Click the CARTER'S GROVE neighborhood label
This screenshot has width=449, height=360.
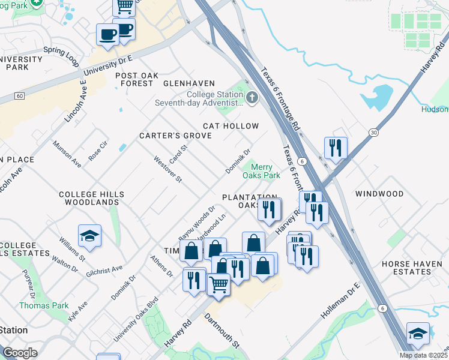pos(175,136)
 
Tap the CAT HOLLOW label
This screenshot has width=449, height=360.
pos(231,126)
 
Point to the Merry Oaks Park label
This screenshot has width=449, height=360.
pos(261,172)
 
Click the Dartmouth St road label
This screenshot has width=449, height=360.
pos(221,331)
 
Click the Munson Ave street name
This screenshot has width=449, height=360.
pos(67,154)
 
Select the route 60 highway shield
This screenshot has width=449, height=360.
pos(20,96)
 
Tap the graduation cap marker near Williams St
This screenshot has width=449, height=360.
pos(89,236)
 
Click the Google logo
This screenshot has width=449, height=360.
pos(20,352)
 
